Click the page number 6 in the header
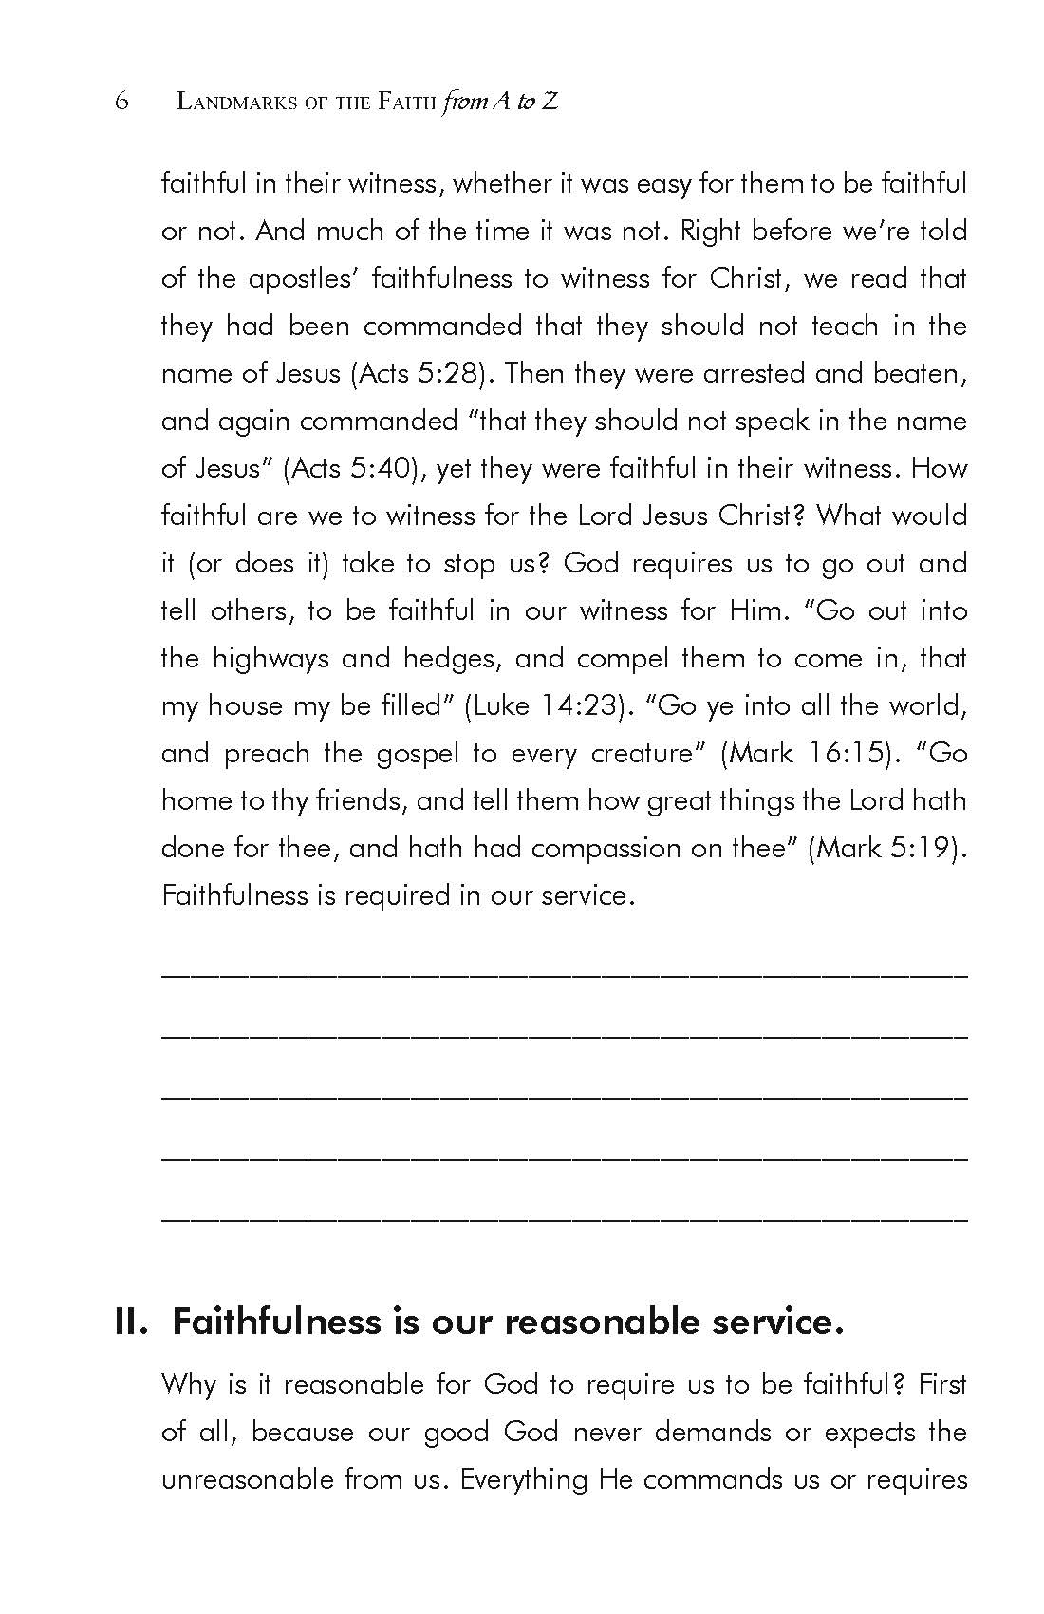coord(121,102)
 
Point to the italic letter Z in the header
coord(550,102)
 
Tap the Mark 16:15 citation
coord(810,753)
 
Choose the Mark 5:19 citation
coord(885,848)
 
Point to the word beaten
coord(916,373)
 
